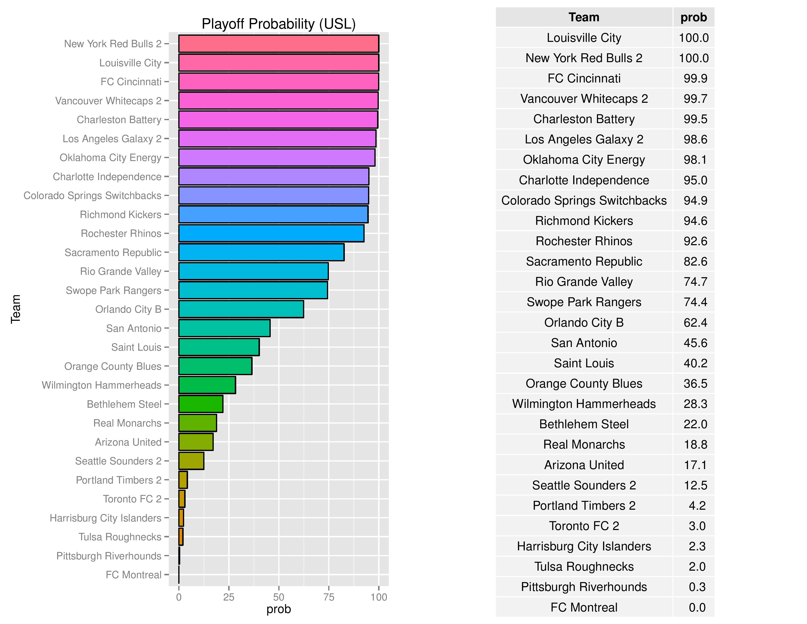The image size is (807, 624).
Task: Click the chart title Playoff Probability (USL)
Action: click(278, 24)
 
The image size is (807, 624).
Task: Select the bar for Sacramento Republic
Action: click(261, 252)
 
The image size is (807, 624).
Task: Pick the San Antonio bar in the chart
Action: click(224, 328)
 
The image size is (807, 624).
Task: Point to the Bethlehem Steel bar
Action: click(201, 404)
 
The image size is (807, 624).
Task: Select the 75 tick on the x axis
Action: click(328, 597)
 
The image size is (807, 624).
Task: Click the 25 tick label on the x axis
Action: click(229, 597)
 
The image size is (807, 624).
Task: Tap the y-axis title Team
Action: click(15, 309)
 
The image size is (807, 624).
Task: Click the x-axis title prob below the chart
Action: click(278, 609)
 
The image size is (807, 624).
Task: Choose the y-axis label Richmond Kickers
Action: click(121, 214)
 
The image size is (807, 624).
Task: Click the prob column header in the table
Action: click(694, 17)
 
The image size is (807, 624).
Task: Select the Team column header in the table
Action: click(584, 17)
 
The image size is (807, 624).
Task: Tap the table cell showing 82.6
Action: click(695, 261)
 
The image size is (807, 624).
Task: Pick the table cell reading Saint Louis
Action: click(584, 363)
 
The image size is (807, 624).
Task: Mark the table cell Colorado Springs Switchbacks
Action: click(584, 200)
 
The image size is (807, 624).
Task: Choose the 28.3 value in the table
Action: click(695, 404)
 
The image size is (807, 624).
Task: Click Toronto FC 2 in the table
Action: click(584, 526)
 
